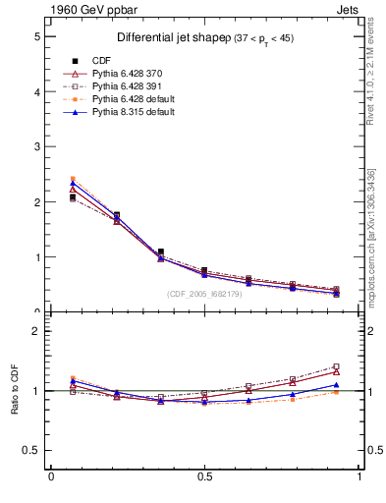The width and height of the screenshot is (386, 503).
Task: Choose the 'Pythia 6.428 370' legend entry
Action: [x=131, y=73]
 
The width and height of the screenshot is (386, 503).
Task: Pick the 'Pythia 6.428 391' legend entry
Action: [x=131, y=86]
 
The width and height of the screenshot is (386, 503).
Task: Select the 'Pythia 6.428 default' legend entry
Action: [x=137, y=99]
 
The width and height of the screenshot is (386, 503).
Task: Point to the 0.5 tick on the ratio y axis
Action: [x=30, y=451]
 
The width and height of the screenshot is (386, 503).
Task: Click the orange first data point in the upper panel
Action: [x=73, y=179]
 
